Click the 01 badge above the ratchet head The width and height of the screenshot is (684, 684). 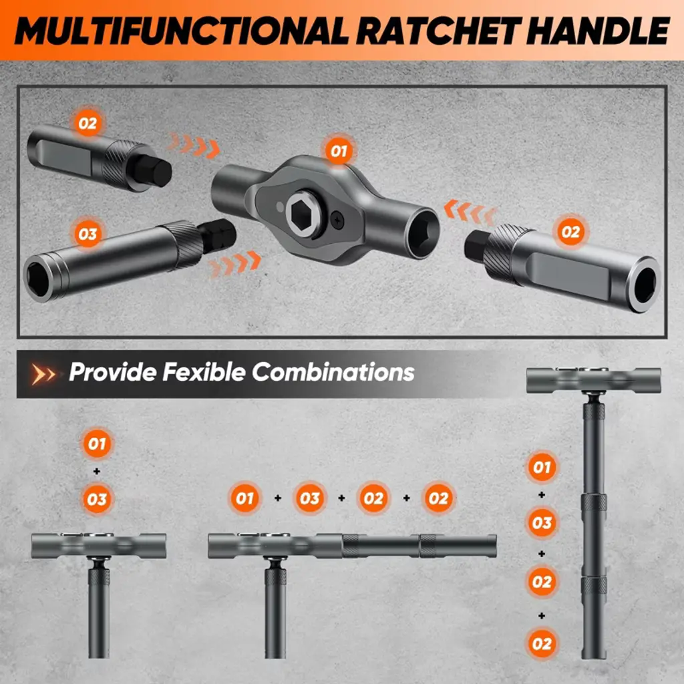pos(339,151)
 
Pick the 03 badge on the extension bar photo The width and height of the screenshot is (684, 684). pos(88,234)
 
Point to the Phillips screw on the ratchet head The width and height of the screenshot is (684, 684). pos(337,219)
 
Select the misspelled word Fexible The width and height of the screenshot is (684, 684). pos(204,372)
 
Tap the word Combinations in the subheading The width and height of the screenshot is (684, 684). pos(333,372)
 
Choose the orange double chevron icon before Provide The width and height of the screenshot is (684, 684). pos(43,374)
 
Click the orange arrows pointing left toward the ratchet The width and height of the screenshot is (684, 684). pos(470,212)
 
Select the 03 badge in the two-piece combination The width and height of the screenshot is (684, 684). pos(97,499)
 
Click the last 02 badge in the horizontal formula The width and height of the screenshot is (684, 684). pos(438,498)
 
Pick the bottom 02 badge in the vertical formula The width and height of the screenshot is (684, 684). pos(542,643)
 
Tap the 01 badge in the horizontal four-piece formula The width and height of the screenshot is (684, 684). pos(244,498)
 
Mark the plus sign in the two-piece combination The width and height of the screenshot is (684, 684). pos(97,471)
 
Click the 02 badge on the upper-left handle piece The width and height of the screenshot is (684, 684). pos(88,124)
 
